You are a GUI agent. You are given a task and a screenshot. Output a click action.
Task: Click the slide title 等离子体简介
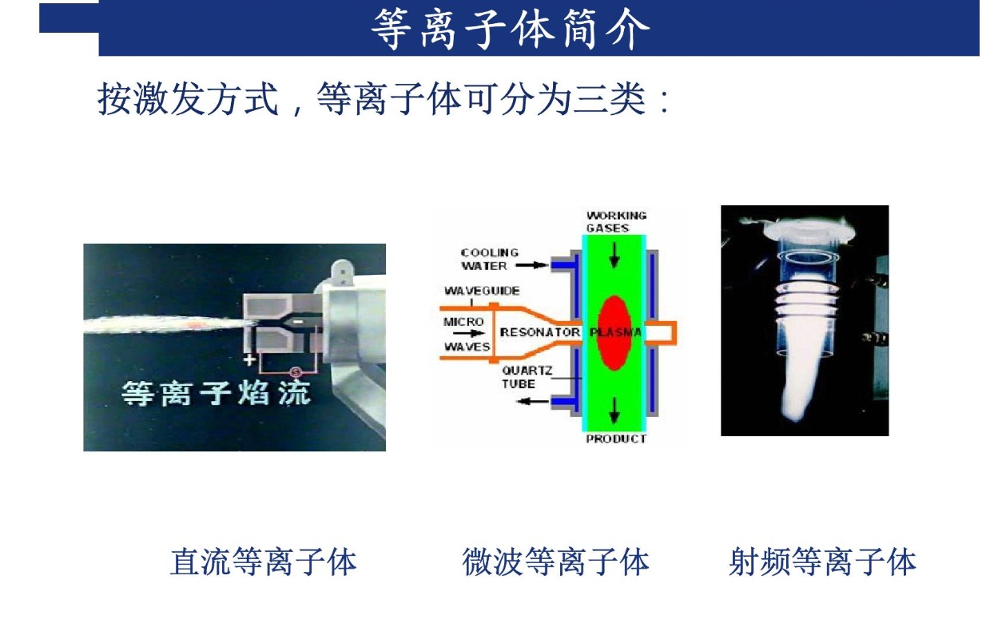(x=510, y=29)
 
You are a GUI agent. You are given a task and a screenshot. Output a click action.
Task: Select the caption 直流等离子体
(x=263, y=562)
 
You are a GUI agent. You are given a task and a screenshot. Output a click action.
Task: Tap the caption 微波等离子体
(x=555, y=562)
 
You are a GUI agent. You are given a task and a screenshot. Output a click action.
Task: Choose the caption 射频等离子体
(x=822, y=562)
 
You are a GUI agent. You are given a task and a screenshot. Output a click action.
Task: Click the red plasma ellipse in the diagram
(x=614, y=332)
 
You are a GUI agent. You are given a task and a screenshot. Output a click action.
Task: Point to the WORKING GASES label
(x=616, y=222)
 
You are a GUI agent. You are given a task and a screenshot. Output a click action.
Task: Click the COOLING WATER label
(x=490, y=259)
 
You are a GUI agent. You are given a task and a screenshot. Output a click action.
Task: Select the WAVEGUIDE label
(x=482, y=291)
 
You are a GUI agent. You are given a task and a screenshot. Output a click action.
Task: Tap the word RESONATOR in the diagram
(x=539, y=332)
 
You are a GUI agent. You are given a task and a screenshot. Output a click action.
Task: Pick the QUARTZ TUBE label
(x=527, y=378)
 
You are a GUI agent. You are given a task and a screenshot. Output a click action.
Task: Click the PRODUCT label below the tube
(x=616, y=439)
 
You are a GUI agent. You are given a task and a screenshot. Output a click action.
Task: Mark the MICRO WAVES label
(x=467, y=335)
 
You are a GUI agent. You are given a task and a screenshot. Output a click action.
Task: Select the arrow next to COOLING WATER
(x=531, y=265)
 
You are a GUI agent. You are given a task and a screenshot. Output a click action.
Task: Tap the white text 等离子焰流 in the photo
(x=216, y=393)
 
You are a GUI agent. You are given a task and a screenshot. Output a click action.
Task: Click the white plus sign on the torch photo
(x=249, y=360)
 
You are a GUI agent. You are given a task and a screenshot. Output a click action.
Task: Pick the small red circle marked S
(x=296, y=373)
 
